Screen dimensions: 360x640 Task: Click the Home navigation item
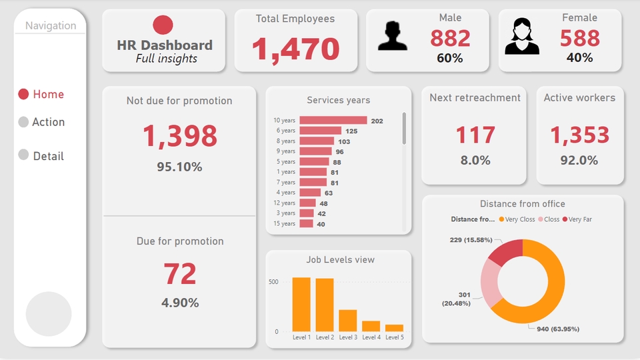tap(41, 95)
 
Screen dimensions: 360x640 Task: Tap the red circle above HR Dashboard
tap(163, 25)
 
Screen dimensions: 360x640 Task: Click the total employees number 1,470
tap(295, 49)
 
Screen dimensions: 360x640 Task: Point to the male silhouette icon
tap(393, 36)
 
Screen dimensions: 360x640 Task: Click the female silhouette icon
tap(521, 36)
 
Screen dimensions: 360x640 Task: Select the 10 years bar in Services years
tap(333, 121)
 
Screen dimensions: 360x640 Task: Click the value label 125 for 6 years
tap(351, 131)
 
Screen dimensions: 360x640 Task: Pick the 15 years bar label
tap(284, 223)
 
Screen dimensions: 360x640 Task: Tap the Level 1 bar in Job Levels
tap(301, 305)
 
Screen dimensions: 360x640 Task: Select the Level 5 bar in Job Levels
tap(394, 328)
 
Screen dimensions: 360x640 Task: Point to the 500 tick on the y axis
tap(273, 282)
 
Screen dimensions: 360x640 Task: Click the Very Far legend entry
tap(578, 219)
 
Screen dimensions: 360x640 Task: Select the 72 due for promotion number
tap(179, 274)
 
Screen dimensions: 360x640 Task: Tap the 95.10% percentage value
tap(179, 167)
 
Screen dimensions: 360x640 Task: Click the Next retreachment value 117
tap(475, 135)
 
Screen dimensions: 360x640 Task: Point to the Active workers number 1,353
tap(579, 135)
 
